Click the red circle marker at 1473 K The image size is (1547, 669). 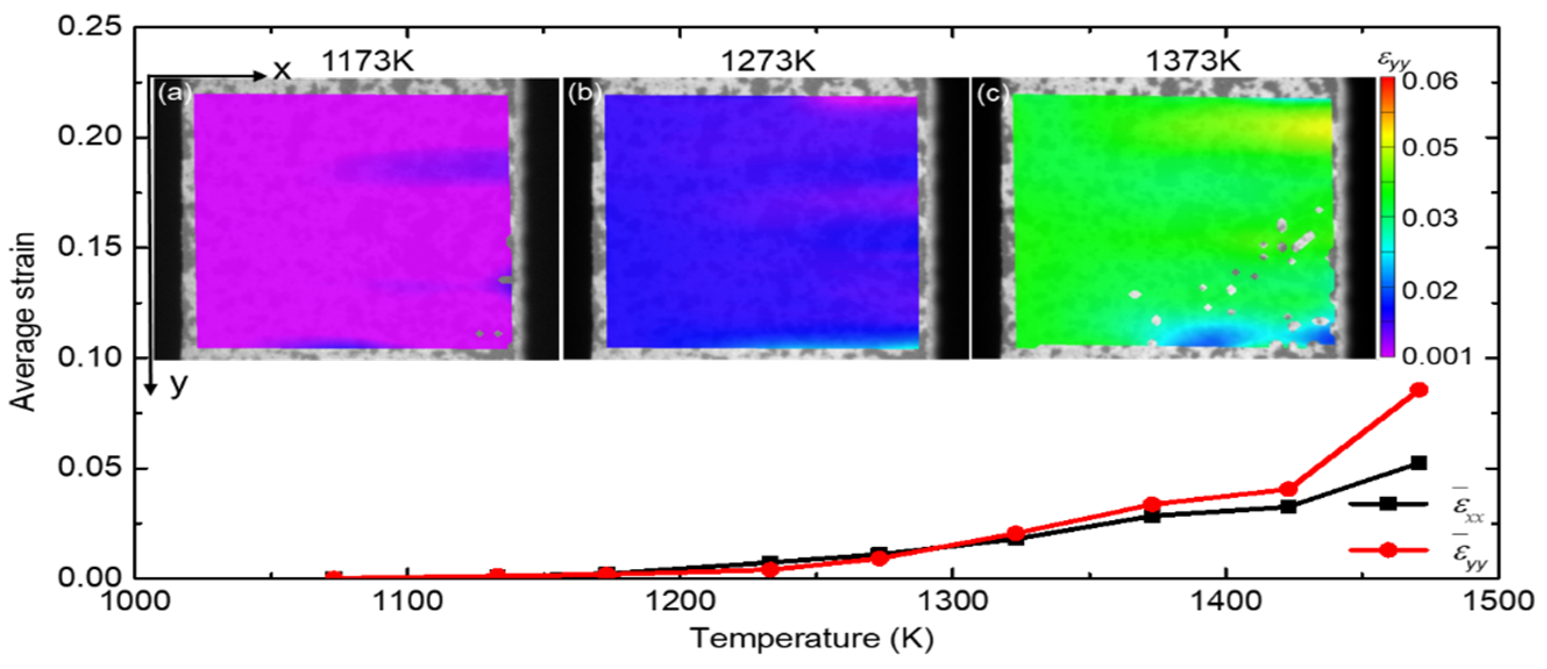coord(1419,390)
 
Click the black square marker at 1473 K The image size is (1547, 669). coord(1419,463)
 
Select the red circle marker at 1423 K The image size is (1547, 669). coord(1288,488)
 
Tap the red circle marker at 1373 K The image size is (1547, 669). coord(1152,504)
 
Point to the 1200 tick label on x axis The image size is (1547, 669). coord(679,602)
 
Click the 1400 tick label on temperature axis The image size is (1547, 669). coord(1225,602)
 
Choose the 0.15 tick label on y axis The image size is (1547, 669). coord(89,246)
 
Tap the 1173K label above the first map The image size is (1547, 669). coord(367,60)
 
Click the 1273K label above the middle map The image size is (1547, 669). coord(768,60)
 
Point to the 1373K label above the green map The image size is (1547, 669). coord(1193,60)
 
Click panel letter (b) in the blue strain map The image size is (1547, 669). coord(581,94)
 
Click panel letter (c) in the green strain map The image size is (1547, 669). coord(988,94)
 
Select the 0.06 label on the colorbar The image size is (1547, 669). coord(1430,81)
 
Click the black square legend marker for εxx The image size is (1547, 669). coord(1387,504)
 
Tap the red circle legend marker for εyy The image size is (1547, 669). coord(1387,550)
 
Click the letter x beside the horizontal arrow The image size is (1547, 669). coord(282,71)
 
